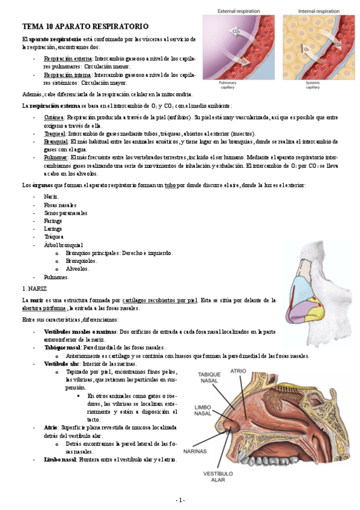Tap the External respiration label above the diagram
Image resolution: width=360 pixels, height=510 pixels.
[x=239, y=10]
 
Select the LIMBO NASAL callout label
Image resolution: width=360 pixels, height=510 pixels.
[x=203, y=410]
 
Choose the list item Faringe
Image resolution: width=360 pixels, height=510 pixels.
[x=53, y=221]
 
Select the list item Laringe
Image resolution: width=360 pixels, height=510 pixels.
[x=53, y=229]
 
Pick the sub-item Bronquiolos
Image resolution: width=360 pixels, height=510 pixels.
[x=82, y=261]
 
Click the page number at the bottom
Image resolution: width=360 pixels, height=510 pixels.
[x=180, y=500]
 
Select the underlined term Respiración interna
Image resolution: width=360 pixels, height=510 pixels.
[x=67, y=75]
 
